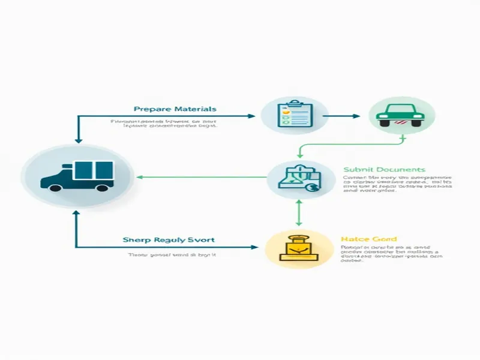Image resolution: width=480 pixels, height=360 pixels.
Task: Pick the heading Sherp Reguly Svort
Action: coord(169,239)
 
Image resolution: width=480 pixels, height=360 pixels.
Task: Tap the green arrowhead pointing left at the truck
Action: coord(140,177)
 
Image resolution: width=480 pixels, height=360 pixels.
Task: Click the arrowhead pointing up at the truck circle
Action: coord(76,214)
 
